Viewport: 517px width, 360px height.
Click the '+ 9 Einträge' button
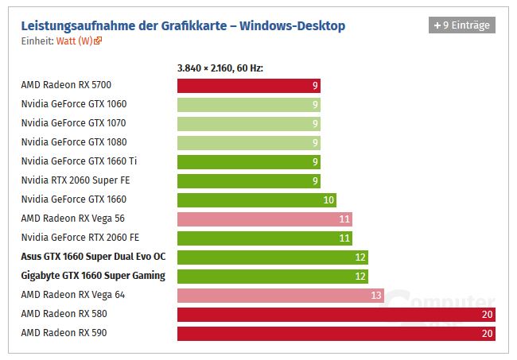[462, 25]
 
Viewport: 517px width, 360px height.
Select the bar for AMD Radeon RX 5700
[248, 85]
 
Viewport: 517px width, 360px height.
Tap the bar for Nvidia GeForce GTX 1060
[248, 104]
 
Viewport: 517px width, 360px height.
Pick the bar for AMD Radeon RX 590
[336, 333]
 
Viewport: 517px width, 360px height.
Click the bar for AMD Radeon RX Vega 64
[280, 295]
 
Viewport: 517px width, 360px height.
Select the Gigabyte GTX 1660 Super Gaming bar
[272, 276]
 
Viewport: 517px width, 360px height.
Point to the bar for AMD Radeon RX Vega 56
[264, 219]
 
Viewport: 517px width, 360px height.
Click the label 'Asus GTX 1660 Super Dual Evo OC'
[94, 257]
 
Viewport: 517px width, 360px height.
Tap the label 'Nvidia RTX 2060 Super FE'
[76, 180]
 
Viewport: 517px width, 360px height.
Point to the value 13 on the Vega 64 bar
[376, 296]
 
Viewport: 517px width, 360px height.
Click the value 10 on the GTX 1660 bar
[328, 200]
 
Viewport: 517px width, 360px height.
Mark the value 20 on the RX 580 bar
[487, 315]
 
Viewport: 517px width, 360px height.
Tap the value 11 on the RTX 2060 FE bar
[344, 238]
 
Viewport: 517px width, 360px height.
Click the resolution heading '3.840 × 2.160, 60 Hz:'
[220, 68]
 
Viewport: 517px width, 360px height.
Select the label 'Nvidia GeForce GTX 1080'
[73, 142]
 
